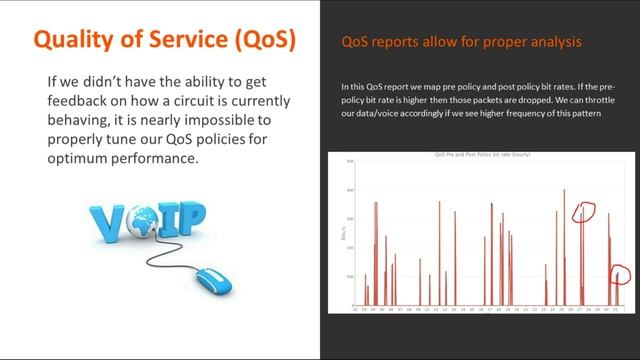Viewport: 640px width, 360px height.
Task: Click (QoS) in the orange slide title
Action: tap(258, 39)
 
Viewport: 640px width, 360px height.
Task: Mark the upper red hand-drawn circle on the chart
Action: tap(583, 214)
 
